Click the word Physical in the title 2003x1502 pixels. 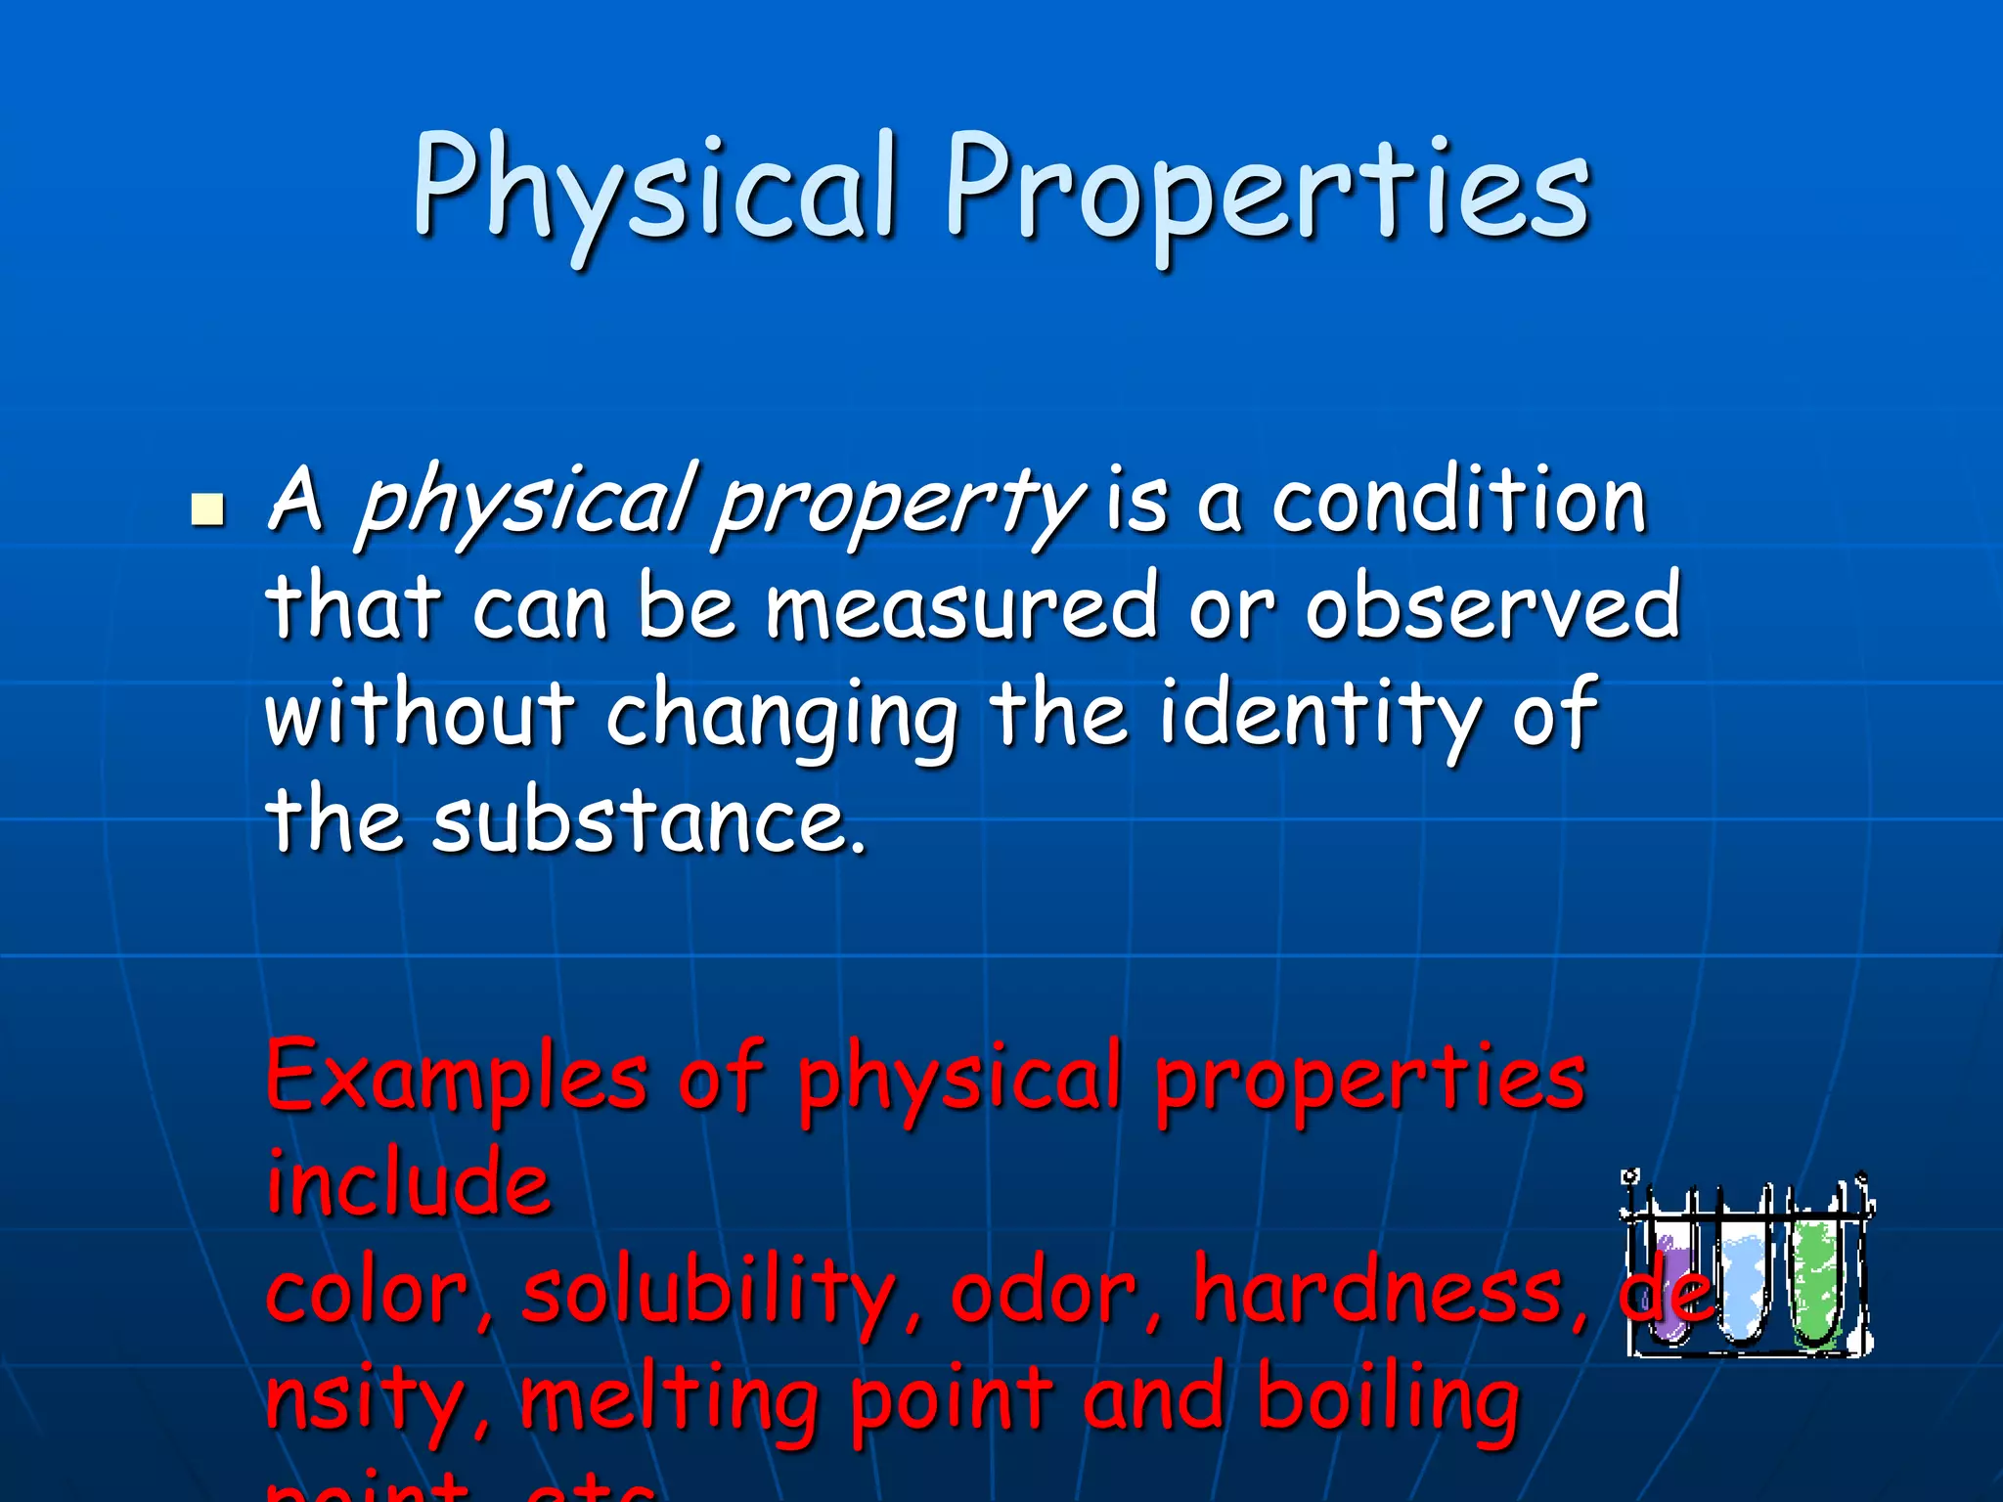click(653, 191)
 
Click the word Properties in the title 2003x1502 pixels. click(1267, 191)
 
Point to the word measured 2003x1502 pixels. click(961, 608)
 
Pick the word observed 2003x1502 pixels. click(1492, 608)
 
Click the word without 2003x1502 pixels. click(420, 714)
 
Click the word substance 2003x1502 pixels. click(648, 821)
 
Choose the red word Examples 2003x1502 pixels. click(456, 1078)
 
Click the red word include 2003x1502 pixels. click(409, 1184)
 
